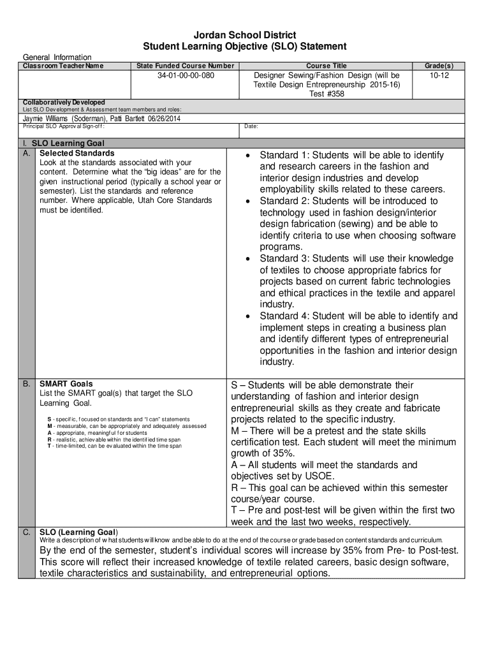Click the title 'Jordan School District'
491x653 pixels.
(x=246, y=35)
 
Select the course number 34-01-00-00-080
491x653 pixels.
(x=186, y=76)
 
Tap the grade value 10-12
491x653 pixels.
(x=439, y=76)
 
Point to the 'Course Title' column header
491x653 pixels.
(x=326, y=66)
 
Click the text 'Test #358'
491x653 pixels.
(x=326, y=94)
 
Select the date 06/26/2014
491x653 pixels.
(x=163, y=119)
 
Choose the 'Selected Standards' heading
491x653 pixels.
(x=77, y=153)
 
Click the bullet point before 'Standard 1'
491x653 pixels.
(x=248, y=156)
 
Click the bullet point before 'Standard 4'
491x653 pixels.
(x=248, y=316)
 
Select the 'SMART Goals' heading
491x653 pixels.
(x=66, y=384)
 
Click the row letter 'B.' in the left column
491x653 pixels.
(x=27, y=384)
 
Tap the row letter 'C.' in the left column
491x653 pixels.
(x=27, y=532)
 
